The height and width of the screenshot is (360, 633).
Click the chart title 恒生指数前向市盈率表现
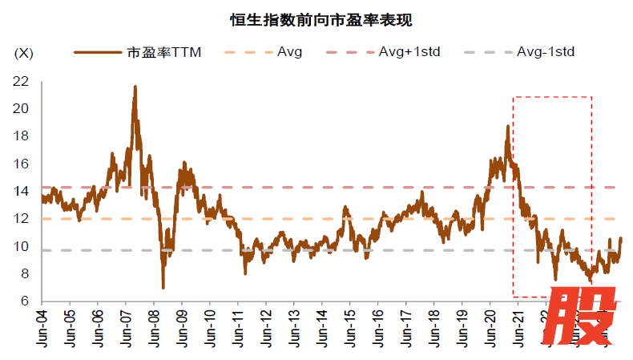click(316, 18)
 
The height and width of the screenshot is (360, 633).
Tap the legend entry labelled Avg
click(289, 52)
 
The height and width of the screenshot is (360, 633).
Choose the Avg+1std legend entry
click(409, 52)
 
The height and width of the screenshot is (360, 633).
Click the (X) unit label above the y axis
click(24, 54)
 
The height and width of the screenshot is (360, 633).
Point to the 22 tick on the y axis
click(22, 81)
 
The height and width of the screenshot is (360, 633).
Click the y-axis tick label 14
click(22, 191)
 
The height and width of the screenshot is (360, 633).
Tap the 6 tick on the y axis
click(25, 301)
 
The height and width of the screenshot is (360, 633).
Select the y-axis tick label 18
click(22, 136)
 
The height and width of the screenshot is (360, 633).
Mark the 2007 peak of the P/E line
click(135, 87)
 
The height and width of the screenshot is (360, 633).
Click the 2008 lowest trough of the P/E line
click(163, 286)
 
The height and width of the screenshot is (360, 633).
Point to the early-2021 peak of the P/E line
click(507, 126)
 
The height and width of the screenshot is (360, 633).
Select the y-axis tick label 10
click(22, 245)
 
